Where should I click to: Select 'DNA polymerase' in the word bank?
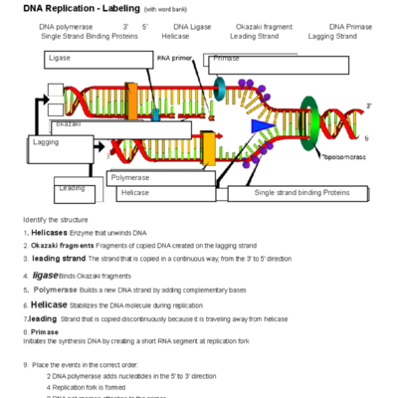[x=68, y=26]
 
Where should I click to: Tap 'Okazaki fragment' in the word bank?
[x=264, y=26]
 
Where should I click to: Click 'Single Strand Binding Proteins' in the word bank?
[x=89, y=36]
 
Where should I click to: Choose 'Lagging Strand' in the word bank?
[x=332, y=36]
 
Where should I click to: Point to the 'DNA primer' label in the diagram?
[x=176, y=59]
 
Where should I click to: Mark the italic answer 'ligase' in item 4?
[x=45, y=274]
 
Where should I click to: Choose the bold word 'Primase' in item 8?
[x=45, y=332]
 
